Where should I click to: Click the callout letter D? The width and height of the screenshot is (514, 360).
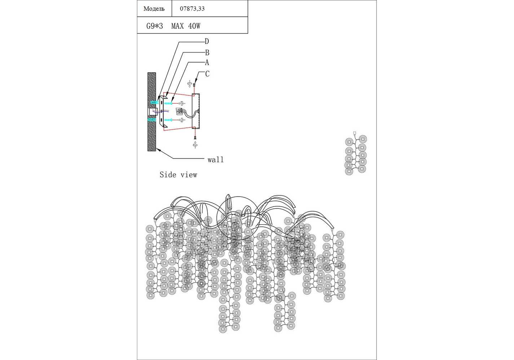207,41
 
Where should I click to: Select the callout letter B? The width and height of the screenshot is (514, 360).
207,53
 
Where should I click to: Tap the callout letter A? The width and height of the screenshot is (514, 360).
207,62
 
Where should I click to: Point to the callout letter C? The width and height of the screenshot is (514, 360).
207,74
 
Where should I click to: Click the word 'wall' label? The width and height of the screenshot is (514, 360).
215,159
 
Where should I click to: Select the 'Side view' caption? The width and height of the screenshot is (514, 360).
178,175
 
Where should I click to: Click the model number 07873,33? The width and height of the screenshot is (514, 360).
192,9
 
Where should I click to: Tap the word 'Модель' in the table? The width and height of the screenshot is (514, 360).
154,9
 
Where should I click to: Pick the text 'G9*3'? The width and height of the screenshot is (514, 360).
155,26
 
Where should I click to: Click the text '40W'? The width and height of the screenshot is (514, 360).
194,26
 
